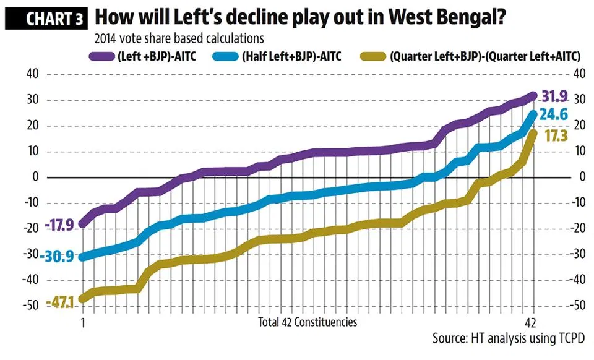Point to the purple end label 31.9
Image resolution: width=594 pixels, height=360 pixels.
coord(555,96)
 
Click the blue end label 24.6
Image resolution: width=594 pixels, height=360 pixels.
coord(554,114)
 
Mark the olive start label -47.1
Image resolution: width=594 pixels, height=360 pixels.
coord(60,303)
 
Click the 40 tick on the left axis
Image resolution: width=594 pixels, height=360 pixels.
coord(32,74)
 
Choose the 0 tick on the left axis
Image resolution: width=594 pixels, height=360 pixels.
coord(35,177)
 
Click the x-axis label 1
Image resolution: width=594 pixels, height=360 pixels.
coord(82,322)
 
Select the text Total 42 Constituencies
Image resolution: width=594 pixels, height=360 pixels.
coord(308,322)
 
